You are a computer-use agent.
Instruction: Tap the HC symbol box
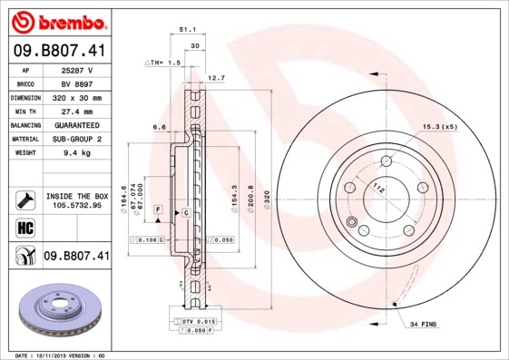(24, 227)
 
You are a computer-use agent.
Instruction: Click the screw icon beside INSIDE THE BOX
(24, 199)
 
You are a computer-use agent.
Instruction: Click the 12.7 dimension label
(217, 78)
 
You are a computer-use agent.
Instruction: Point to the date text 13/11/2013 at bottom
(64, 355)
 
